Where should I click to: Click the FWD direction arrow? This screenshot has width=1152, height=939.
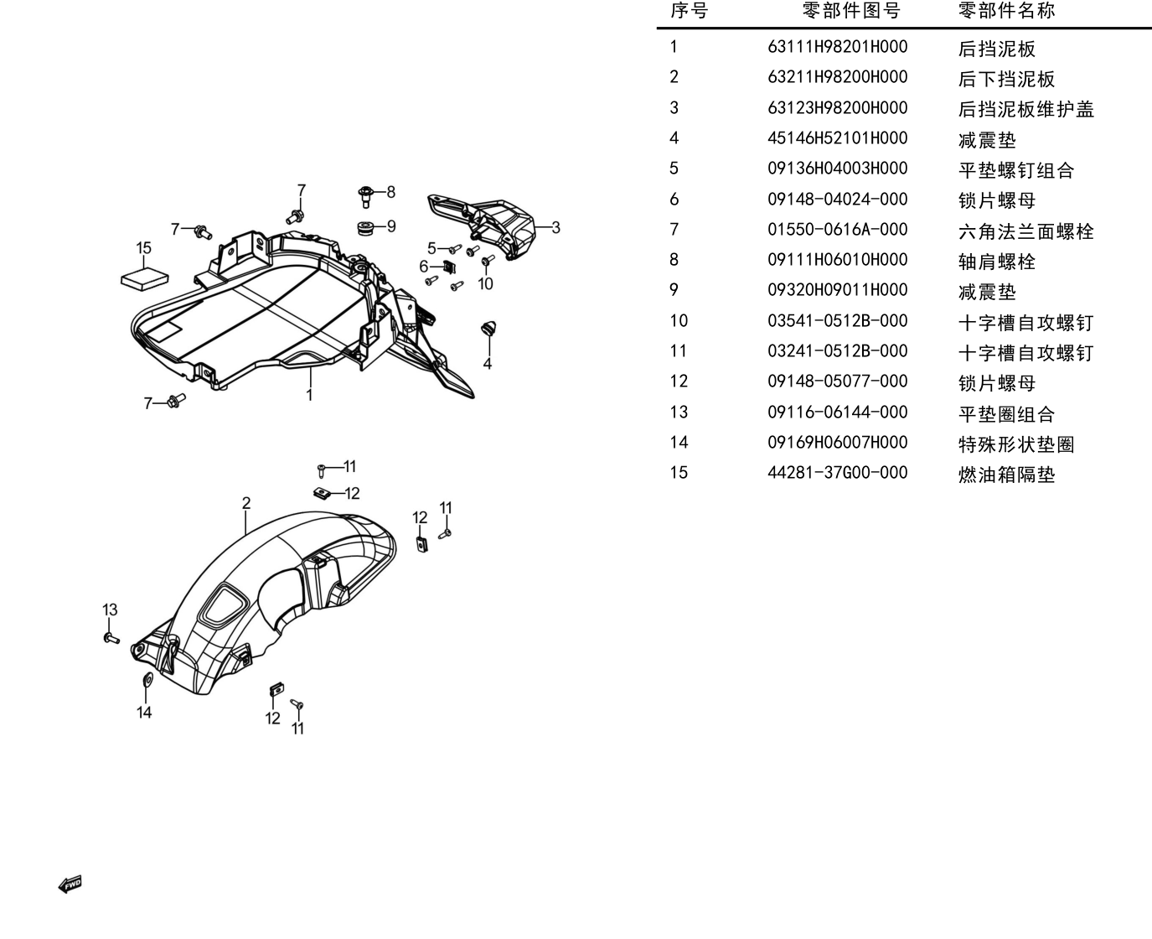(x=70, y=885)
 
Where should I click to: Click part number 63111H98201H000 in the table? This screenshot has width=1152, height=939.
(x=837, y=47)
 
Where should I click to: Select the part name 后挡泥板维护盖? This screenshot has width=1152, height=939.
(x=1026, y=109)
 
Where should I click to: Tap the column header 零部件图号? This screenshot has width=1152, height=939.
(x=851, y=10)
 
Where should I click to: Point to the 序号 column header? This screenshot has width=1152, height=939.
(x=689, y=10)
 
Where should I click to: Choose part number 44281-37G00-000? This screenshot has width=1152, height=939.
(x=837, y=473)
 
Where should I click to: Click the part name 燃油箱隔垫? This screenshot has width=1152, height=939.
(x=1006, y=475)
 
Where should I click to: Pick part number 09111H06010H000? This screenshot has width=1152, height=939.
(x=837, y=260)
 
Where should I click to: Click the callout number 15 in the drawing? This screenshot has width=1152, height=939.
(x=143, y=248)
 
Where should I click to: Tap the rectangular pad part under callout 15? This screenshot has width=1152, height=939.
(x=144, y=280)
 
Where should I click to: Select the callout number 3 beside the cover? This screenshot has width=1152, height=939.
(x=555, y=227)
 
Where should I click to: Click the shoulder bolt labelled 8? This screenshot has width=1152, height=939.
(x=366, y=196)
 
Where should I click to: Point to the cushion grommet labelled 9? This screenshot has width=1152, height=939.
(x=365, y=227)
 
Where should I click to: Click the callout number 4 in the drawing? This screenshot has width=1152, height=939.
(x=488, y=364)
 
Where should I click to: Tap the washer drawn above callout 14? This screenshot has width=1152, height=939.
(x=146, y=680)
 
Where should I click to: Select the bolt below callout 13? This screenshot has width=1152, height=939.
(x=111, y=639)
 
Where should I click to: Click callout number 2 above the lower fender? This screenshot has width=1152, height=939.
(x=246, y=503)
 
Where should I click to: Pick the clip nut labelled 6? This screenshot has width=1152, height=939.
(x=449, y=267)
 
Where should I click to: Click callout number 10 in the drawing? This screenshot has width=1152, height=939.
(x=485, y=283)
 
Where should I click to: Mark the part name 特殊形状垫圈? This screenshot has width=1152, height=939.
(x=1016, y=444)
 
